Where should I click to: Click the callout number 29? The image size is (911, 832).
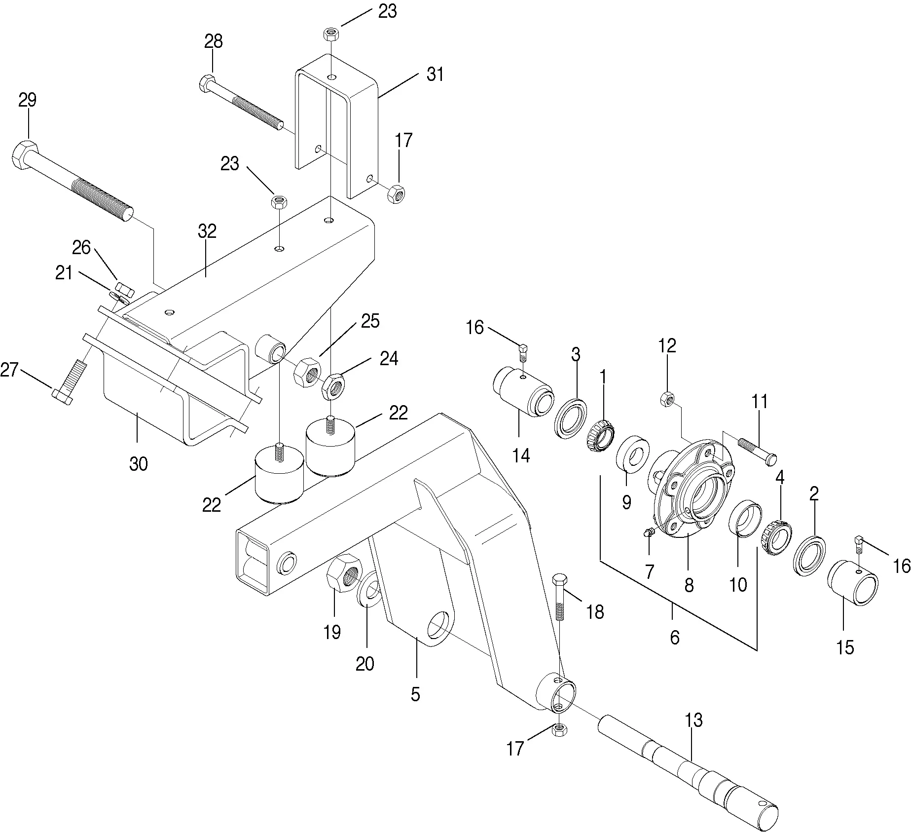[x=28, y=100]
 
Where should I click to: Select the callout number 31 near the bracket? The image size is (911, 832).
[x=435, y=75]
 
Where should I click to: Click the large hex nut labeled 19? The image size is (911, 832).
[x=344, y=572]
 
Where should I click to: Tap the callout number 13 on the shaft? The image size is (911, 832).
[x=693, y=720]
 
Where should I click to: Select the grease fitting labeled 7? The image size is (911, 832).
[x=650, y=531]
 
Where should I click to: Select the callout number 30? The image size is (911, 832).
[x=138, y=464]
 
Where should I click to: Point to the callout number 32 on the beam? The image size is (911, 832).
[x=207, y=231]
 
